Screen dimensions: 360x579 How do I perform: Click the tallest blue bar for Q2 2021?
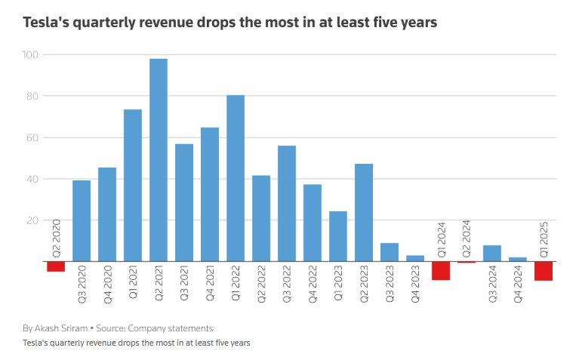158,160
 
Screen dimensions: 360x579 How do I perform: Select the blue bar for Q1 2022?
235,178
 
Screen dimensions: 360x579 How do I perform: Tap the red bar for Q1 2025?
543,271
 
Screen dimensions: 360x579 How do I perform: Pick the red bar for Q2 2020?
55,266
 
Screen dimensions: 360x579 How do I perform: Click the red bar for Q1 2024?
440,270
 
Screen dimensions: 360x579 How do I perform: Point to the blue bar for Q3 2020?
81,220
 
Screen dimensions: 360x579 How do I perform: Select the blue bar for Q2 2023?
363,212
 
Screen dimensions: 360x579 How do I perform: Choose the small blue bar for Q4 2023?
414,258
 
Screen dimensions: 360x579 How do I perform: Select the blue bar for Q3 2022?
286,203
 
